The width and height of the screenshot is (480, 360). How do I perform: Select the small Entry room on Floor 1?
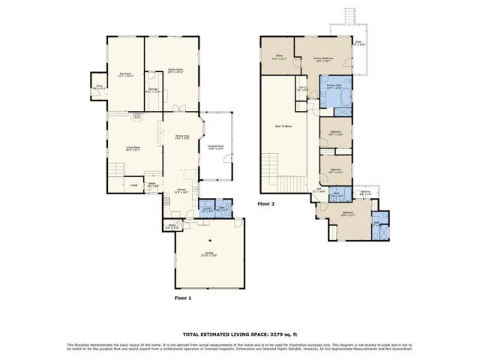tap(100, 87)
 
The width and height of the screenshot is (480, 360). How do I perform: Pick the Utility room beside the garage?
tap(172, 226)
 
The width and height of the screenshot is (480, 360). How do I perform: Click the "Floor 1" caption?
tap(184, 298)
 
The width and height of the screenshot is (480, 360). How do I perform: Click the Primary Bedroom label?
tap(322, 59)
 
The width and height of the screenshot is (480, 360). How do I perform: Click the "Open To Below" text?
tap(284, 127)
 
